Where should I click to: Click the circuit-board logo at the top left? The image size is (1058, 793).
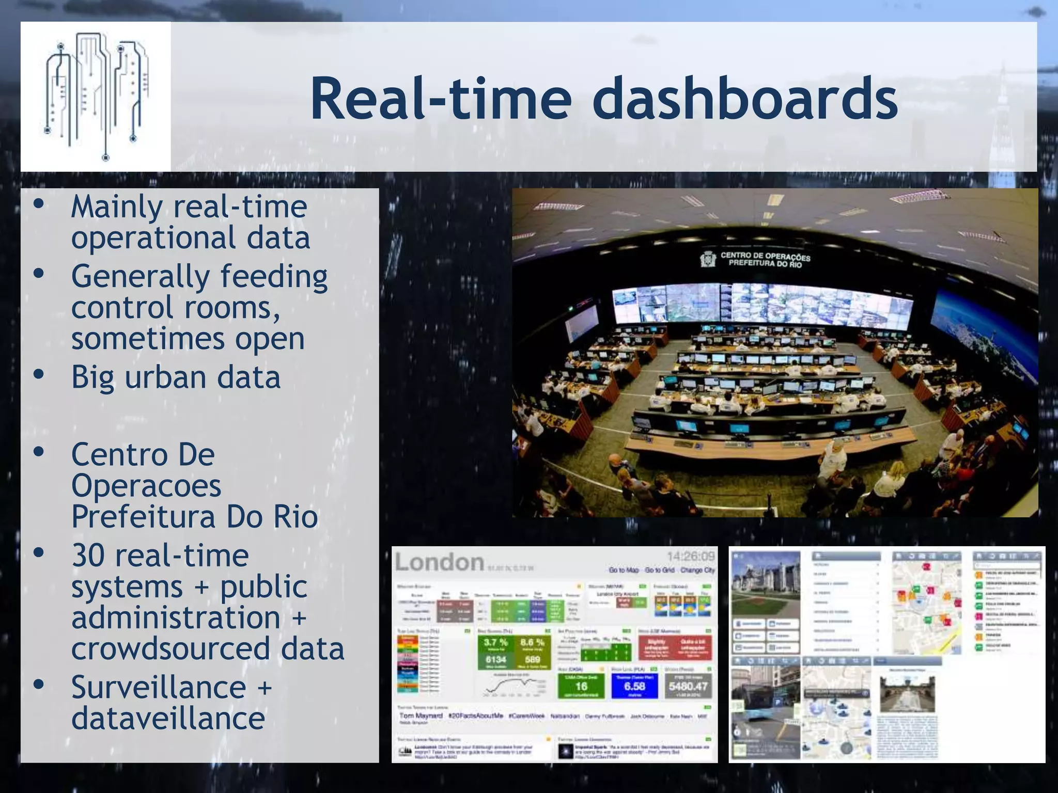point(96,97)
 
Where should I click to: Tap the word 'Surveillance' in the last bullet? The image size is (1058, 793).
point(159,688)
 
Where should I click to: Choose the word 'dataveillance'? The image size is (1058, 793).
point(168,718)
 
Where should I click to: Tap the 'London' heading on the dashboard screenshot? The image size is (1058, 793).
point(439,562)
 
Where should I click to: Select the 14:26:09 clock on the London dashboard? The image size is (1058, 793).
point(690,557)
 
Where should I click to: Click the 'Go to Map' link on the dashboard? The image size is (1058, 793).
point(624,570)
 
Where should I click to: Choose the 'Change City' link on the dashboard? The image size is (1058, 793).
point(697,570)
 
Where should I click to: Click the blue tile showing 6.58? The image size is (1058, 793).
point(634,686)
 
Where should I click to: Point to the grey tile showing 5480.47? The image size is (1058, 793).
point(688,686)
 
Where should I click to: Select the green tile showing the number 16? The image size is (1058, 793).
point(581,686)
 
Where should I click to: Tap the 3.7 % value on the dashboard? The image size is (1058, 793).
point(495,643)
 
